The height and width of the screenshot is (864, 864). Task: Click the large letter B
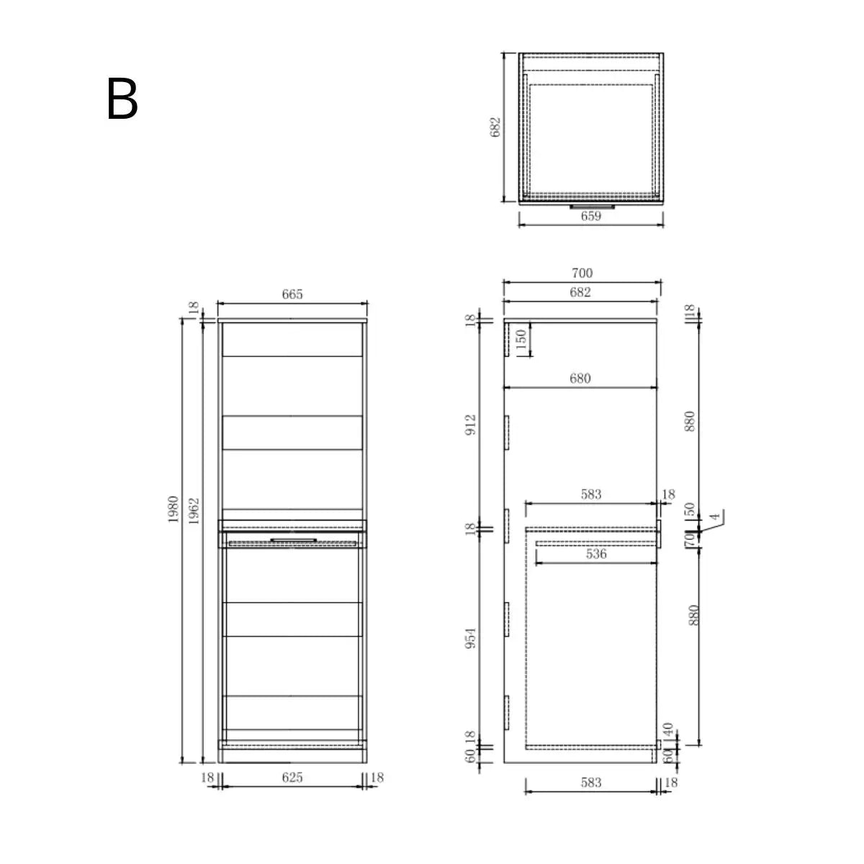[122, 100]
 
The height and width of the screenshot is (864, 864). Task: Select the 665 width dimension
[292, 294]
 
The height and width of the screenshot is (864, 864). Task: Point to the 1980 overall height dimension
[174, 509]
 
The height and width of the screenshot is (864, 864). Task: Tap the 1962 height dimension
[194, 509]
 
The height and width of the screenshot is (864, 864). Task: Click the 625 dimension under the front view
[292, 778]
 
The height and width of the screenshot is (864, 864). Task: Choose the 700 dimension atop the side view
[582, 273]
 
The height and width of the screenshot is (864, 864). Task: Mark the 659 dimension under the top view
[590, 216]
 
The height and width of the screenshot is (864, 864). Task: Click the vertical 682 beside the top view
[495, 127]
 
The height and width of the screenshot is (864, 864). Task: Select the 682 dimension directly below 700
[580, 292]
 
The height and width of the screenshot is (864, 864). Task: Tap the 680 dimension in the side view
[580, 378]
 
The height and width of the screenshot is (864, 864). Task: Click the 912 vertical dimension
[471, 426]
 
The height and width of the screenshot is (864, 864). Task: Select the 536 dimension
[596, 554]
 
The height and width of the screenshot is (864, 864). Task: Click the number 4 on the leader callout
[714, 516]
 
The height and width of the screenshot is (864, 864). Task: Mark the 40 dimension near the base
[668, 730]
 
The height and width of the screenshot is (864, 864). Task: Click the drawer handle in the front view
[293, 539]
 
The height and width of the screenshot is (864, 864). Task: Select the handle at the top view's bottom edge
[592, 207]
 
